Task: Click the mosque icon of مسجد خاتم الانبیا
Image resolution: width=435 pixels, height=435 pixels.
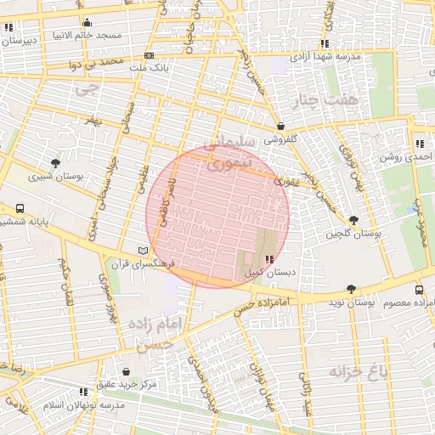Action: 87,23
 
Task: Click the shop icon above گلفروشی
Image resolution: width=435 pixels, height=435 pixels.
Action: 280,126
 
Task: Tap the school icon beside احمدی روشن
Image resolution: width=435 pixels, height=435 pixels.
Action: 419,144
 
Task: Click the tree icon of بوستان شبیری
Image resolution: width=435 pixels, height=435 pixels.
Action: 56,163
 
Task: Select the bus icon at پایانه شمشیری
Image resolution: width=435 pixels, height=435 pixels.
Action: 20,207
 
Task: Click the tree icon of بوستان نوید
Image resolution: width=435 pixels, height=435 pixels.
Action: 352,289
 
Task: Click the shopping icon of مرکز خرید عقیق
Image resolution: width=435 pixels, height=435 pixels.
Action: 126,372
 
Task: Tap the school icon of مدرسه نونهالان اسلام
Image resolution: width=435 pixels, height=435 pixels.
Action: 82,392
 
